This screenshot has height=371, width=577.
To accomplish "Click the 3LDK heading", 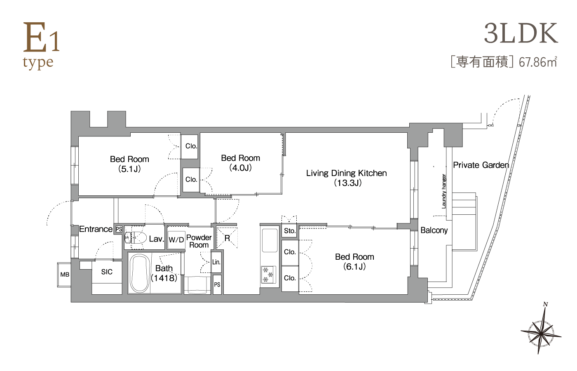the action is point(521,33).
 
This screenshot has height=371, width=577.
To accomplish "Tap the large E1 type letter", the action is point(35,38).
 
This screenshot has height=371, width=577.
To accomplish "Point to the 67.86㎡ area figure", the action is point(538,62).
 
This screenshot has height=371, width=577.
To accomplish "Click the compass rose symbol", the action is point(541,335).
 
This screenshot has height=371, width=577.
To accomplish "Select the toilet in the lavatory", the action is point(136,237).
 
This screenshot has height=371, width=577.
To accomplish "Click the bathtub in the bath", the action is point(140,273).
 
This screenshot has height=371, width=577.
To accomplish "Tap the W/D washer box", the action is point(176,240).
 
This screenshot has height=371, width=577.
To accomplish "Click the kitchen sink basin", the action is point(270,240).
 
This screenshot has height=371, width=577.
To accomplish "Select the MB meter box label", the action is point(65,275).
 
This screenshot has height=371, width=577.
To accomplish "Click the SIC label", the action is point(107,272).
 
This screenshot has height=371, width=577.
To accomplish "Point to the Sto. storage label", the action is point(290,231).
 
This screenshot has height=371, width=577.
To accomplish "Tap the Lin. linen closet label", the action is point(216,262).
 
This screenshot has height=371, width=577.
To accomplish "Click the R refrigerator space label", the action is point(227,238).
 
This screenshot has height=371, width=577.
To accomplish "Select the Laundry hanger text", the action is point(443,191).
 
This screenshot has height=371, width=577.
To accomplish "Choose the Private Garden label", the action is point(481,165).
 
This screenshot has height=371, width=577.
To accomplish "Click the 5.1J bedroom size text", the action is point(129,169).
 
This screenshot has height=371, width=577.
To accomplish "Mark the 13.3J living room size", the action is point(348,183).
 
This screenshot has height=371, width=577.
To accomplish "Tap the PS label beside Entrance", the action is point(119,229).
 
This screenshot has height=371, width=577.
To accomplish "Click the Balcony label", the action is point(434,230).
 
